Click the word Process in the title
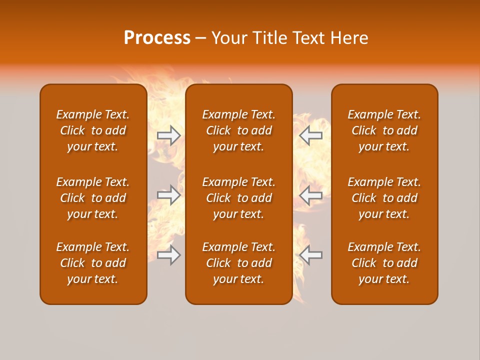[x=157, y=38]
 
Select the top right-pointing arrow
[x=168, y=135]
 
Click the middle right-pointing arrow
[x=168, y=195]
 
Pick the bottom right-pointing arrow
[x=168, y=255]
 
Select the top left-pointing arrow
[x=311, y=135]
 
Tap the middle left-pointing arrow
[x=311, y=195]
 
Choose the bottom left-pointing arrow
[x=311, y=255]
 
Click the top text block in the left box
[x=93, y=130]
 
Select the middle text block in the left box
[x=93, y=198]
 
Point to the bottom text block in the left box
[x=93, y=263]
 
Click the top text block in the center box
[x=238, y=130]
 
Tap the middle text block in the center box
[x=238, y=198]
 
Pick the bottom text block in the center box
[x=238, y=263]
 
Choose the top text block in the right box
[x=384, y=130]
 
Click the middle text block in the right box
[x=384, y=198]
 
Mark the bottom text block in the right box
[x=384, y=263]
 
